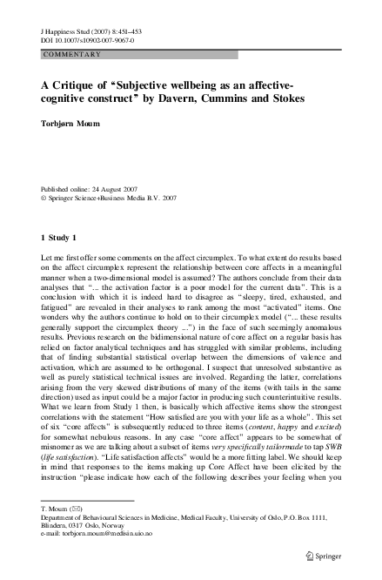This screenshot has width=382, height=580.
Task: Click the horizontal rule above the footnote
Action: point(75,499)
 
